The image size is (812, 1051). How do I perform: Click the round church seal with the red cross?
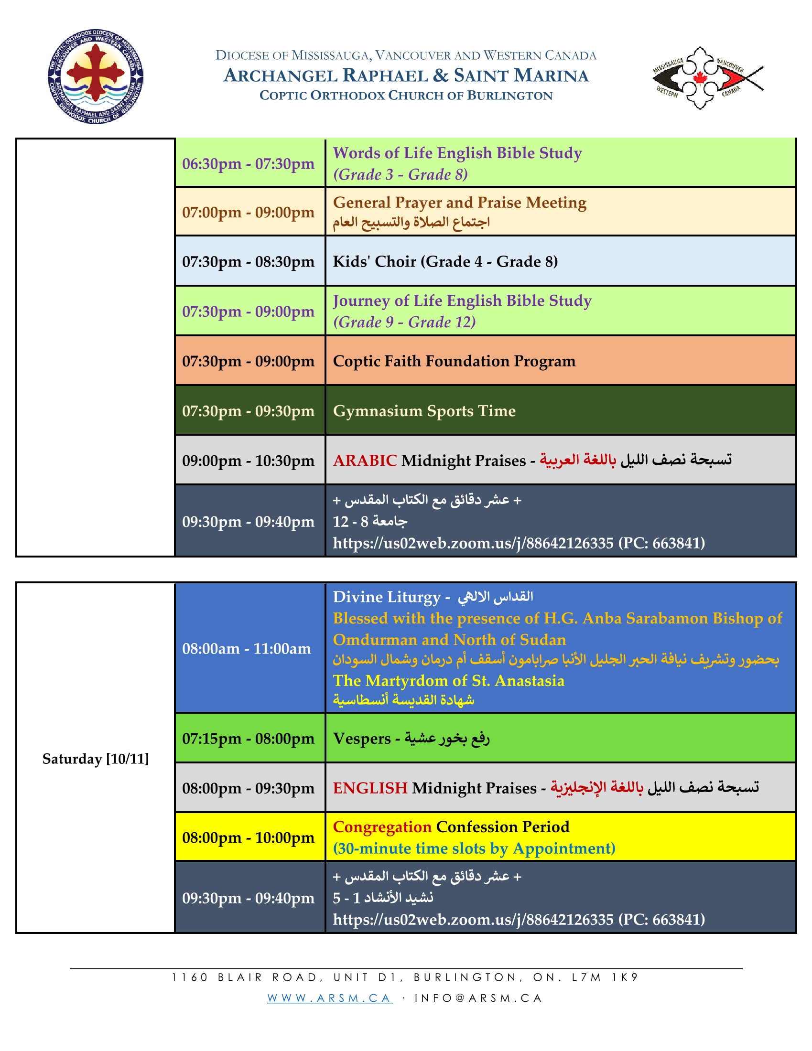(96, 76)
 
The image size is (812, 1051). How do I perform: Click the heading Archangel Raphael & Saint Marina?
(406, 75)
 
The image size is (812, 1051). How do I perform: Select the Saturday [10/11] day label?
(95, 759)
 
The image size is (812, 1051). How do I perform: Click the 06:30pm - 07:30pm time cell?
(249, 163)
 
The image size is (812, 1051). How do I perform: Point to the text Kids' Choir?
(375, 261)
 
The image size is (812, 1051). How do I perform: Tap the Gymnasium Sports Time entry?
(424, 411)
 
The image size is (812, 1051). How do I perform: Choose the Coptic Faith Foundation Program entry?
(454, 361)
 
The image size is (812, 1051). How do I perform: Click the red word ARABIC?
(365, 461)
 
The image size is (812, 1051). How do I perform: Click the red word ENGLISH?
(370, 788)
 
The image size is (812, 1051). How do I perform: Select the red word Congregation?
(382, 827)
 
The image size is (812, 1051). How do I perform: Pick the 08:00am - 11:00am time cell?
(247, 649)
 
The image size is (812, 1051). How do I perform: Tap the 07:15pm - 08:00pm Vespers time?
(249, 739)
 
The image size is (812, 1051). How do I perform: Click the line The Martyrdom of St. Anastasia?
(449, 680)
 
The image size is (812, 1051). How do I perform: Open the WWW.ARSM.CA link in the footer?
(330, 998)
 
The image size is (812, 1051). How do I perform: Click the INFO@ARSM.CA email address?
(478, 998)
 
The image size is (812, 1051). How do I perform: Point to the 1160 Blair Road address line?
(405, 977)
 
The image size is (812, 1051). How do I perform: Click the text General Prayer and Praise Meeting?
(460, 203)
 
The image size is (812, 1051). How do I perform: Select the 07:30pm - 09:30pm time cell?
(249, 411)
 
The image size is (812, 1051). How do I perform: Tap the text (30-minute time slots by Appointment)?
(474, 848)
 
